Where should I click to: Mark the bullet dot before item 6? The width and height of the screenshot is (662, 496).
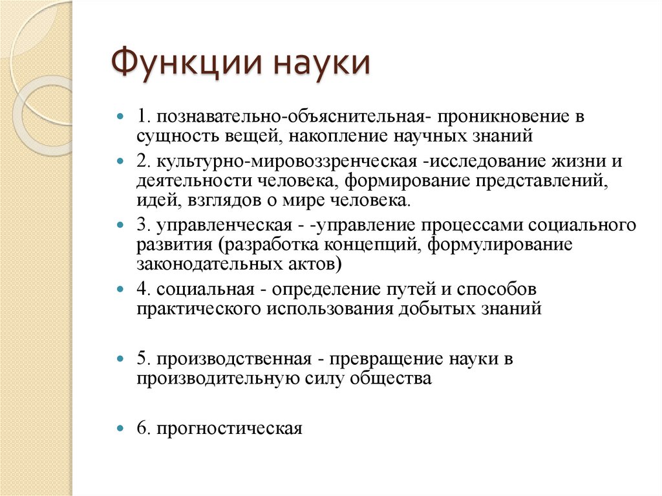point(120,428)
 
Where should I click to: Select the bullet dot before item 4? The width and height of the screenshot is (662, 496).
point(120,288)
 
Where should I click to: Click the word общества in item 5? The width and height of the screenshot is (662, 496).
point(390,378)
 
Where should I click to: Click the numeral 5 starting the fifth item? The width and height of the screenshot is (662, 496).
point(140,358)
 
